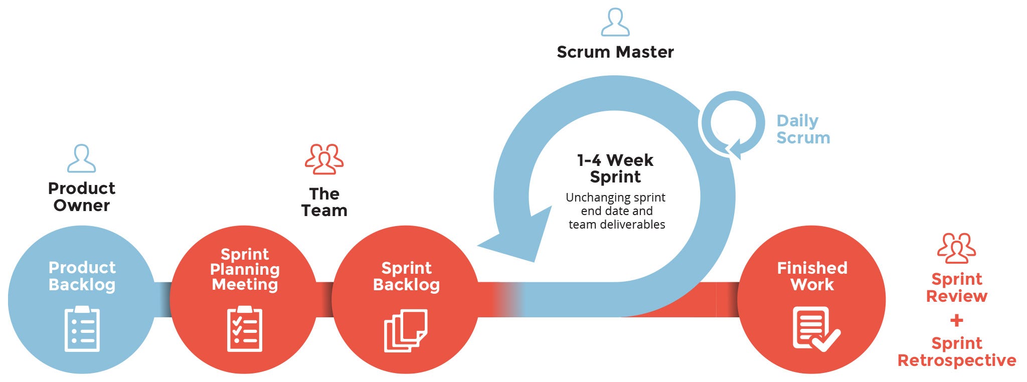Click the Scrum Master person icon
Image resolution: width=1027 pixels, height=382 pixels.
click(x=615, y=23)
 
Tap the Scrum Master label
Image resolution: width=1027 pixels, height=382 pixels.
click(x=615, y=52)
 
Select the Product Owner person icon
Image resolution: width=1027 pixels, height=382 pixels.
click(x=81, y=158)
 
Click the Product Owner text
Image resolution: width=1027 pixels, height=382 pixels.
click(x=82, y=197)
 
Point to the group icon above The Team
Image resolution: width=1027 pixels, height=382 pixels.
click(x=324, y=159)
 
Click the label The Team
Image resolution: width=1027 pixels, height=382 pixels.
click(x=324, y=202)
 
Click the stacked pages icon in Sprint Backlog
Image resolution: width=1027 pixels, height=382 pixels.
click(x=406, y=330)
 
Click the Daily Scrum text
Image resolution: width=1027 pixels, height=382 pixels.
click(x=803, y=129)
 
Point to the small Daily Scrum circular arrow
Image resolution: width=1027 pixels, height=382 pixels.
click(x=733, y=124)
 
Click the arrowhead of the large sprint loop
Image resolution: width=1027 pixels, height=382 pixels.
click(x=517, y=236)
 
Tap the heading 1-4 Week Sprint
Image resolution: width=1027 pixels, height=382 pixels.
click(x=615, y=168)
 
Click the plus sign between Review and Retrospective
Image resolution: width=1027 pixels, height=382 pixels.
click(x=956, y=320)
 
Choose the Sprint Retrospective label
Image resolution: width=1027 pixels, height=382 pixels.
click(x=956, y=351)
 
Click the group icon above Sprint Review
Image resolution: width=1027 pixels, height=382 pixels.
click(x=956, y=248)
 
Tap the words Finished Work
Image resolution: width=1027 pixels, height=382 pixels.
click(x=812, y=276)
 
